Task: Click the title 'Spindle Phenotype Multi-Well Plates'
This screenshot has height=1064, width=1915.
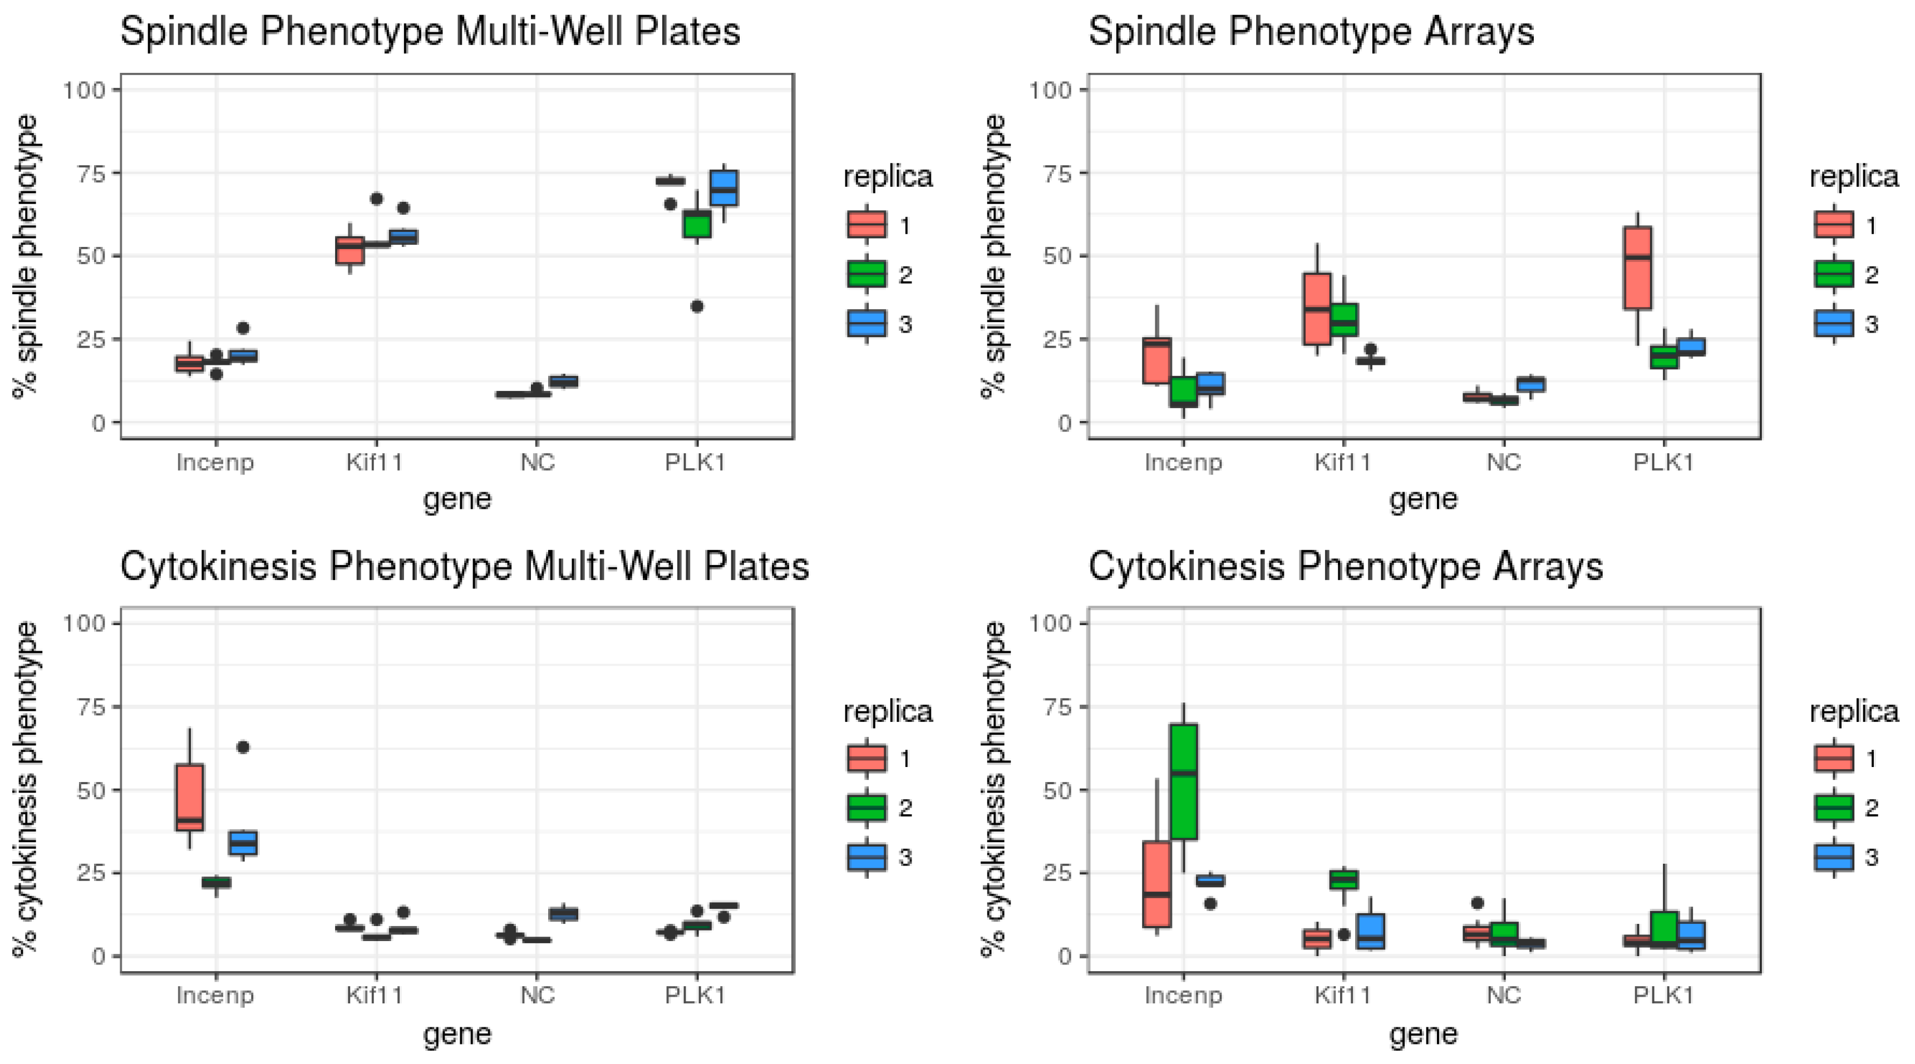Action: pyautogui.click(x=430, y=32)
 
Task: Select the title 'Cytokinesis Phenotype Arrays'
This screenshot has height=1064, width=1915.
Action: pyautogui.click(x=1346, y=567)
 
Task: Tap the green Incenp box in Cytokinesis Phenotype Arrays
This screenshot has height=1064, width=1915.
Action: pyautogui.click(x=1184, y=781)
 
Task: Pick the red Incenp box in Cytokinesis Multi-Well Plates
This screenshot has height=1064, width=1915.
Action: pyautogui.click(x=190, y=797)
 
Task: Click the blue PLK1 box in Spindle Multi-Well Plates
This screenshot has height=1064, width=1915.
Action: pyautogui.click(x=724, y=187)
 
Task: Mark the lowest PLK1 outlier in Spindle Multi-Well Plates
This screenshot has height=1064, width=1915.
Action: pyautogui.click(x=697, y=306)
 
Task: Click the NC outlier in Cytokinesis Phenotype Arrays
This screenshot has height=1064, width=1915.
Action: pyautogui.click(x=1478, y=903)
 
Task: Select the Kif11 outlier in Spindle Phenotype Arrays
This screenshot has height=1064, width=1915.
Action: pyautogui.click(x=1371, y=349)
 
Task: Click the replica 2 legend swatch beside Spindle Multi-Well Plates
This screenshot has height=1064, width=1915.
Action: pyautogui.click(x=867, y=274)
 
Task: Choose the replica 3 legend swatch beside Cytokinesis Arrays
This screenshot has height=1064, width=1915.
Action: pyautogui.click(x=1833, y=857)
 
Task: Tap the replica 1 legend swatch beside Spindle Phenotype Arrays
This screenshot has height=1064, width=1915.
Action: pyautogui.click(x=1833, y=224)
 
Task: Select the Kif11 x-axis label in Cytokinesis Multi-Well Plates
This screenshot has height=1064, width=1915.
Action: pyautogui.click(x=375, y=995)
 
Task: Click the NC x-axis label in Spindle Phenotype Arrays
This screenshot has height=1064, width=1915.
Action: pyautogui.click(x=1504, y=462)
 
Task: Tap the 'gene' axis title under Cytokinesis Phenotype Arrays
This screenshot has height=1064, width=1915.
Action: pyautogui.click(x=1424, y=1033)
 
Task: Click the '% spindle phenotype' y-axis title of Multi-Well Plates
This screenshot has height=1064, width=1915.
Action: pyautogui.click(x=27, y=256)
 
